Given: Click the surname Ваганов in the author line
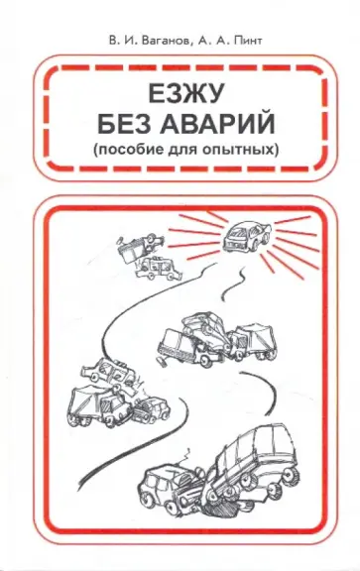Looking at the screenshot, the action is (x=162, y=41).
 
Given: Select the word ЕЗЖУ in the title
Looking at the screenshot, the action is (x=185, y=95).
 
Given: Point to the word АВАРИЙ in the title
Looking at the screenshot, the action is (x=217, y=124).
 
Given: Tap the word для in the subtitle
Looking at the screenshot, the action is (x=182, y=150).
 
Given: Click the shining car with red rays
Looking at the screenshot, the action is (x=247, y=236).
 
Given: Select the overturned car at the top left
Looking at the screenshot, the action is (x=140, y=248).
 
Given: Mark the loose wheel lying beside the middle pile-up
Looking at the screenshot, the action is (x=162, y=362).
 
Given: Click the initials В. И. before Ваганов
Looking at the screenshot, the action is (x=120, y=41).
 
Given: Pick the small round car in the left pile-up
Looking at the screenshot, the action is (x=151, y=409).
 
